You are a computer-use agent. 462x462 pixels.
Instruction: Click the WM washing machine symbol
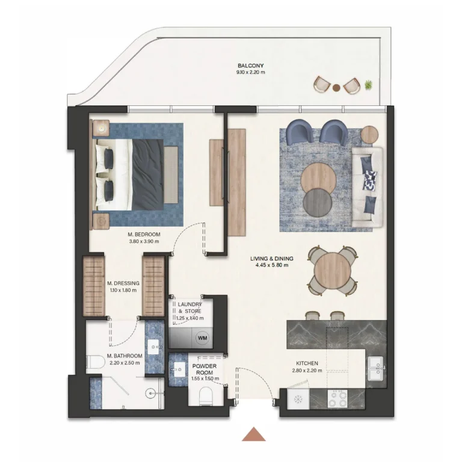(202, 337)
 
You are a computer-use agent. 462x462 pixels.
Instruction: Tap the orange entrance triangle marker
(254, 434)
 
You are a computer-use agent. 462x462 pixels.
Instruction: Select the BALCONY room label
(251, 66)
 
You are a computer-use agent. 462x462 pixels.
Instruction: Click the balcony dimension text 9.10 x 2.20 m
(251, 72)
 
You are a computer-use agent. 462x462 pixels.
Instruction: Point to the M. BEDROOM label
(144, 235)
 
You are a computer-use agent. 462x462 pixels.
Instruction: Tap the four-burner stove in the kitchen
(337, 398)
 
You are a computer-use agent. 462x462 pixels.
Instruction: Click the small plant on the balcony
(368, 85)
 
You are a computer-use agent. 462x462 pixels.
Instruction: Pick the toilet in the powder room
(206, 396)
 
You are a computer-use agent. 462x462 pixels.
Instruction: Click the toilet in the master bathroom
(96, 362)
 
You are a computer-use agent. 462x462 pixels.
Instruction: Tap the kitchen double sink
(376, 368)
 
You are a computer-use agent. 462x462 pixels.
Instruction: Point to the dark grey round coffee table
(318, 202)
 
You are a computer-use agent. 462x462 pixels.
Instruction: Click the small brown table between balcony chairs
(336, 87)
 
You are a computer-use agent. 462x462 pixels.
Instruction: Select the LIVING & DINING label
(272, 259)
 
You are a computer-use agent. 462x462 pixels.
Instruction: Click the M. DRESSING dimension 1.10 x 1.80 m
(123, 290)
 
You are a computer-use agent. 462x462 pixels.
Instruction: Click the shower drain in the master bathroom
(151, 393)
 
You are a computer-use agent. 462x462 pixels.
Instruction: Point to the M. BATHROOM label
(125, 356)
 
